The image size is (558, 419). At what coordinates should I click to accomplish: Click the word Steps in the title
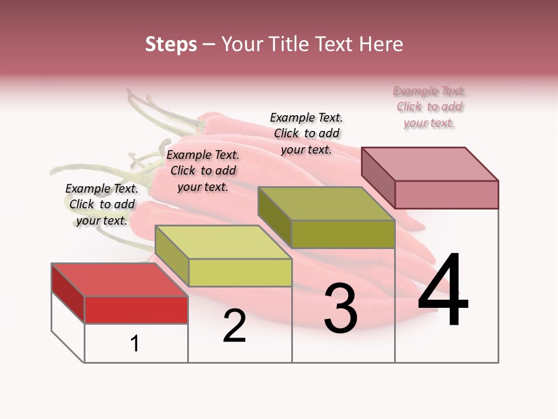pyautogui.click(x=171, y=44)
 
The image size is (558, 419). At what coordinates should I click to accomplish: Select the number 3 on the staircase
pyautogui.click(x=340, y=308)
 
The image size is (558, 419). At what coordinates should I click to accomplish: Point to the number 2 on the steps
pyautogui.click(x=234, y=326)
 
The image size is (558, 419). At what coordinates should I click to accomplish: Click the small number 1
pyautogui.click(x=135, y=344)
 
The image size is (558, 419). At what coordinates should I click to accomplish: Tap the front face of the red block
pyautogui.click(x=136, y=310)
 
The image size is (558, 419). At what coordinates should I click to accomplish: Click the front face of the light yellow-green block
pyautogui.click(x=239, y=272)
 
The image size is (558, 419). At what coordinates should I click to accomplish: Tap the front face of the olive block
pyautogui.click(x=343, y=234)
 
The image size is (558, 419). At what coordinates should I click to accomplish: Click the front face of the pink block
pyautogui.click(x=446, y=194)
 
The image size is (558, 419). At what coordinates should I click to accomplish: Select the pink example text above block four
pyautogui.click(x=430, y=107)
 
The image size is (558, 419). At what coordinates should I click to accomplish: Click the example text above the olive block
pyautogui.click(x=306, y=133)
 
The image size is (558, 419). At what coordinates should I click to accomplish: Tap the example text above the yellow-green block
pyautogui.click(x=203, y=171)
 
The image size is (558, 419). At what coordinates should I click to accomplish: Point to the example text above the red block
pyautogui.click(x=102, y=204)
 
